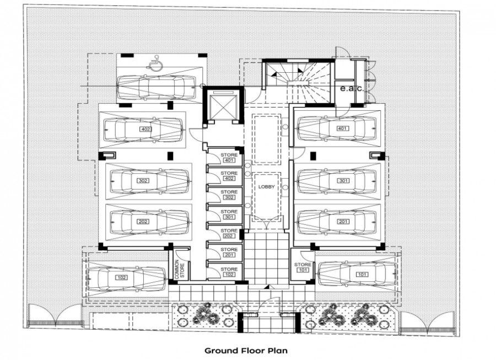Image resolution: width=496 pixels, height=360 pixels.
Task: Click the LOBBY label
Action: pyautogui.click(x=267, y=187)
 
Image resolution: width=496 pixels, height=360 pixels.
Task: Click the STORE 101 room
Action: pyautogui.click(x=303, y=267)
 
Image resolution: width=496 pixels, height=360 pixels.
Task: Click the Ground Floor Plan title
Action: pyautogui.click(x=246, y=350)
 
